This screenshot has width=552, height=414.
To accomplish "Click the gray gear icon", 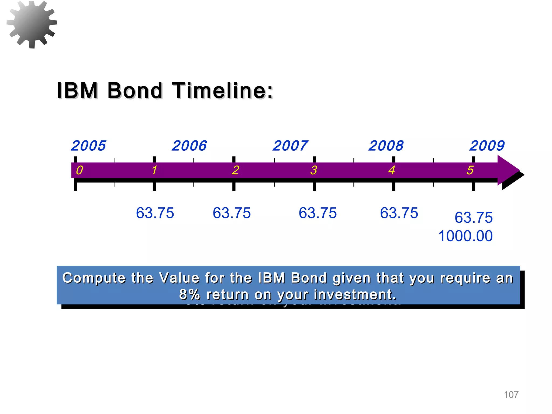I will point(32,24).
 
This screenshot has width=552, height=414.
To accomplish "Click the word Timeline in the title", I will point(222,91).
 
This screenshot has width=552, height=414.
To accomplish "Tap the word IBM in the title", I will point(77,91).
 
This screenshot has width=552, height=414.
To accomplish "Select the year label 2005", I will point(88,146).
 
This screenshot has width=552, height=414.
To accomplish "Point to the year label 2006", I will point(189,146).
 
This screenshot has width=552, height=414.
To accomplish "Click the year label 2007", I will point(290,146).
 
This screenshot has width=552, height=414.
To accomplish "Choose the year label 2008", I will point(386,146).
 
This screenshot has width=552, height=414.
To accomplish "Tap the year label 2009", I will point(487,146).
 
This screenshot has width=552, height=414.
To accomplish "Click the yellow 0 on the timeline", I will point(80,170).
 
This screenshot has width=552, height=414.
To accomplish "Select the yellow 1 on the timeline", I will point(154,170).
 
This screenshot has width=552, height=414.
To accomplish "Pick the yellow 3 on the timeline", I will point(313,170).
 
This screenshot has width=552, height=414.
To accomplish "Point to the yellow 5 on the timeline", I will point(470,170).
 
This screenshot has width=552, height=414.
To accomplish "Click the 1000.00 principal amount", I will point(465,236).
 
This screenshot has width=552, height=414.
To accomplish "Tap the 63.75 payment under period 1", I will point(155,213).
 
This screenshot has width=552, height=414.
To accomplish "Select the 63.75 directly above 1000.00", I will point(474,218).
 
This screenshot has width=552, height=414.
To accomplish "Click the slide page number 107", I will point(511,395).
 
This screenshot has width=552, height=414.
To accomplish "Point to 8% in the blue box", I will point(189,295).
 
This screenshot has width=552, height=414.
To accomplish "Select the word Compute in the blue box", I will point(94,278).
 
